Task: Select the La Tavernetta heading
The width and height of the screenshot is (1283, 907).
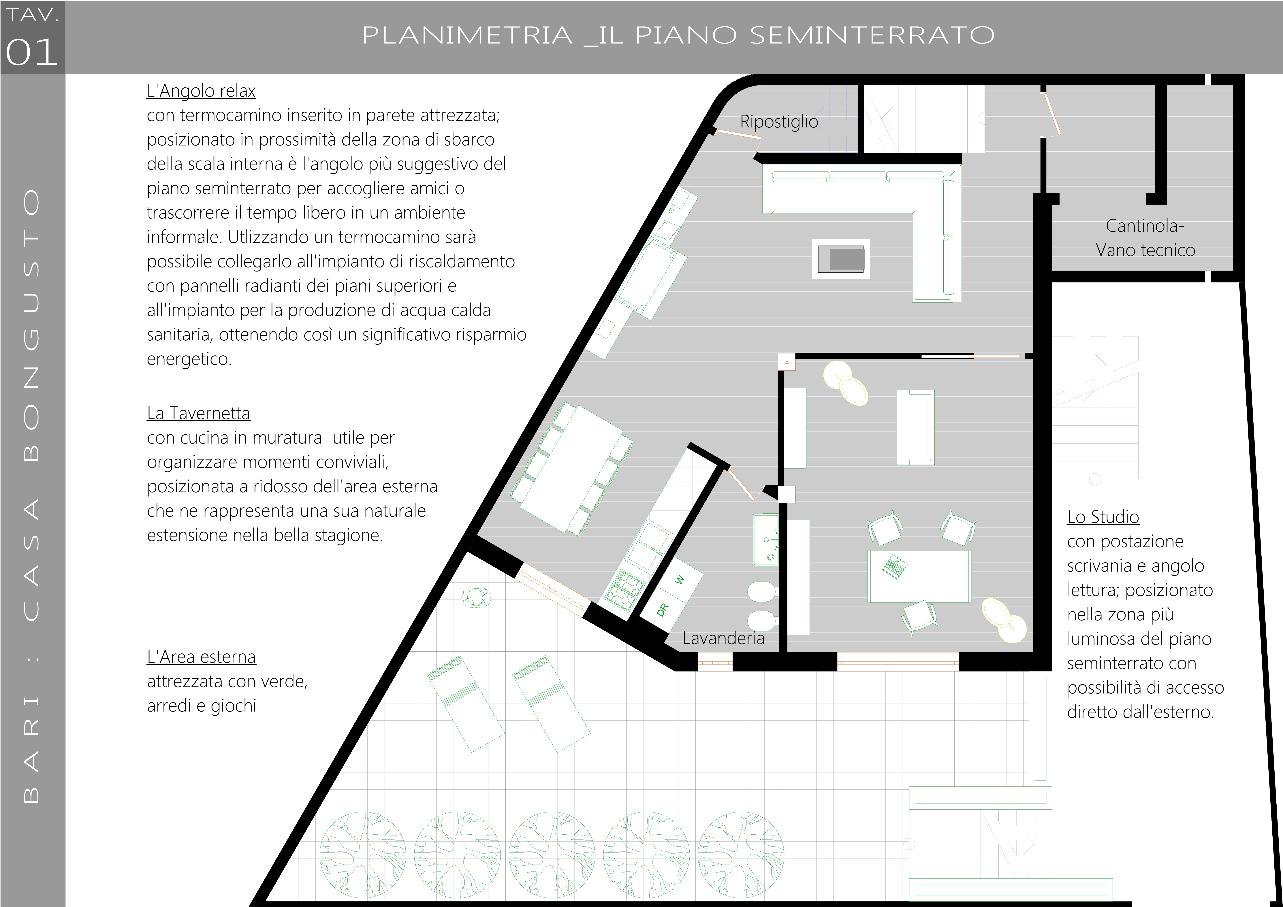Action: [198, 413]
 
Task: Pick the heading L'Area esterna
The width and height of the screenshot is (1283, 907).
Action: [201, 657]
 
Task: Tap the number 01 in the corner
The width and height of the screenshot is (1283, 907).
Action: [32, 52]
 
